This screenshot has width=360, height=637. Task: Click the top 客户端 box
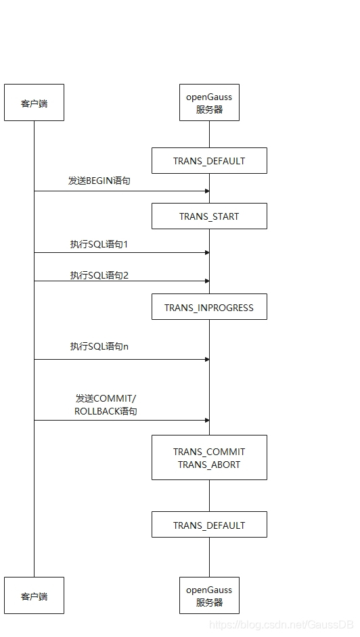[x=34, y=103]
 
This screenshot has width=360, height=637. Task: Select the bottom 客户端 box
[x=34, y=596]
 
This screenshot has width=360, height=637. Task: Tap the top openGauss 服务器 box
[x=209, y=103]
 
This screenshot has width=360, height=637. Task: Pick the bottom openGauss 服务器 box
[x=209, y=596]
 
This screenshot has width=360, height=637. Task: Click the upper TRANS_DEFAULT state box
[x=209, y=161]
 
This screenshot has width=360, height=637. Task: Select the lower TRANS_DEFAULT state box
[x=209, y=525]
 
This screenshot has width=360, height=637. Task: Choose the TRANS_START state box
[x=209, y=216]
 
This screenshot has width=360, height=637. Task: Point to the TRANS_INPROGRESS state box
[x=209, y=307]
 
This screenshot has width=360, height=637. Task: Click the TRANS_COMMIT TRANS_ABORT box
[x=209, y=458]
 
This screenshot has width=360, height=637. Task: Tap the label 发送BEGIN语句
[x=99, y=181]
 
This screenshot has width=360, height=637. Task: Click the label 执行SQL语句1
[x=99, y=244]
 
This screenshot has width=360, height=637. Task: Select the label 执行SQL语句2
[x=99, y=275]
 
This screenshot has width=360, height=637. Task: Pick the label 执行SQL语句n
[x=99, y=346]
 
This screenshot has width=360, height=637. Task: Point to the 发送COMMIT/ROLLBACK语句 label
[x=106, y=404]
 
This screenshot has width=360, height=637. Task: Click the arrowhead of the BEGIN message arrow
[x=206, y=191]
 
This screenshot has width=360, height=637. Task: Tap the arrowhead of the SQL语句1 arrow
[x=206, y=253]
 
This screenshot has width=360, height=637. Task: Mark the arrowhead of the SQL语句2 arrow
[x=206, y=281]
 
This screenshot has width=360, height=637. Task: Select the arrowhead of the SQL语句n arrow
[x=206, y=359]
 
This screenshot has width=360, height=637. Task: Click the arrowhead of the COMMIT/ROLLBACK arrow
[x=206, y=420]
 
